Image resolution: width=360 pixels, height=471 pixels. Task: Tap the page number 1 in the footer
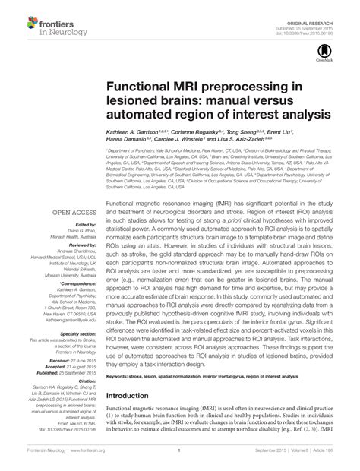click(x=177, y=458)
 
